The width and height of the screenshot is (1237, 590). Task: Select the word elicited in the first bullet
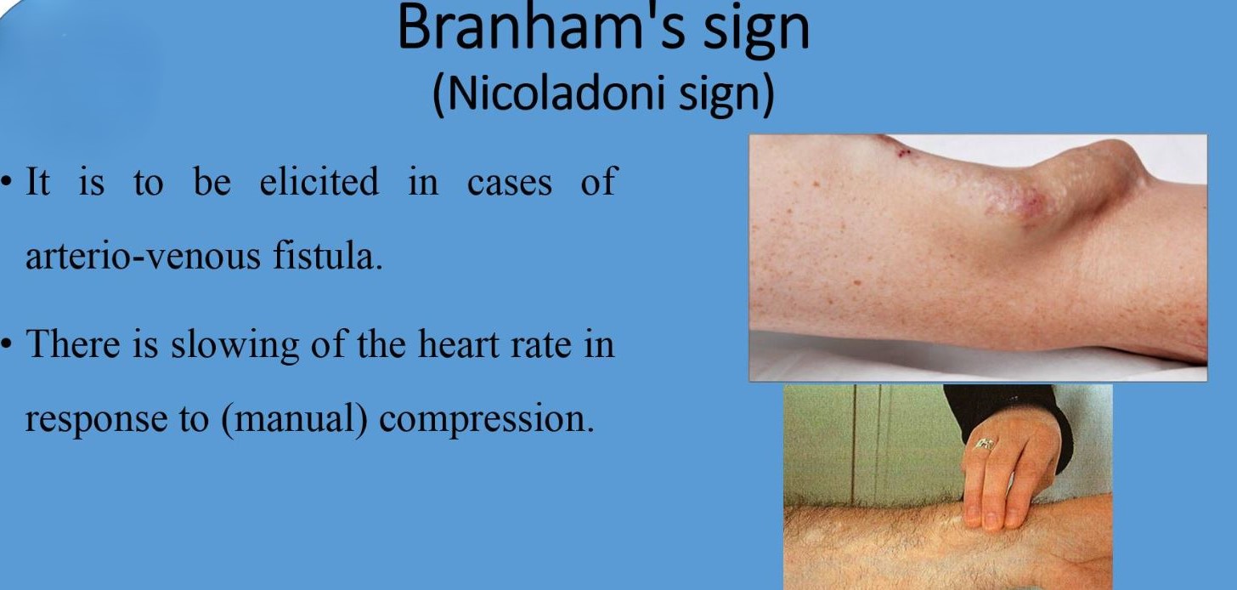tap(319, 180)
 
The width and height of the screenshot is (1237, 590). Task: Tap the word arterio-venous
tap(143, 256)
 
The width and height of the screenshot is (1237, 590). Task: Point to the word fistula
tap(327, 254)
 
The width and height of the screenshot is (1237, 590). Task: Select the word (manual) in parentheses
tap(294, 419)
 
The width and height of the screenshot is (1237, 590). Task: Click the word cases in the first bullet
tap(509, 182)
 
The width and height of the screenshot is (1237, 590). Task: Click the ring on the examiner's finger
tap(985, 444)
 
